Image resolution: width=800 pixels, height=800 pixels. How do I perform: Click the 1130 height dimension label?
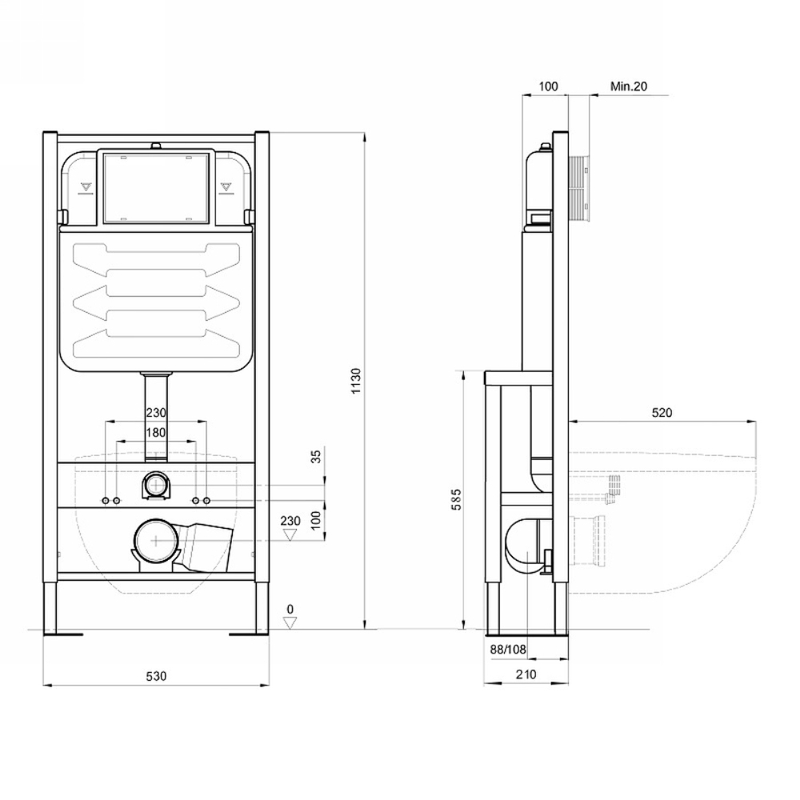tap(356, 381)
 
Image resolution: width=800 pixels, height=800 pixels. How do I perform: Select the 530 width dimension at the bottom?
tap(156, 676)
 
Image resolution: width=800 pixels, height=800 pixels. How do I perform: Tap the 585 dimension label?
tap(456, 499)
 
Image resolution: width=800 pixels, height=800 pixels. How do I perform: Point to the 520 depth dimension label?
tap(662, 412)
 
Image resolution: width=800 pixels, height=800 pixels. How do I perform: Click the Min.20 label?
tap(629, 86)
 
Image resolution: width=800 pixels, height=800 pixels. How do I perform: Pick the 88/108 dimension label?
tap(508, 650)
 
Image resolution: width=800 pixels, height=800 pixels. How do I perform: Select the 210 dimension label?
tap(526, 674)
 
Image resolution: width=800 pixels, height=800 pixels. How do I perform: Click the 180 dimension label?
tap(156, 433)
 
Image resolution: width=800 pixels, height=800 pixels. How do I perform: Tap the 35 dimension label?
tap(316, 456)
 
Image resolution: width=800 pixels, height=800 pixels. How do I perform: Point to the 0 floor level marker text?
tap(290, 609)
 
